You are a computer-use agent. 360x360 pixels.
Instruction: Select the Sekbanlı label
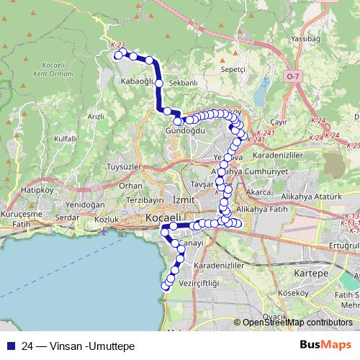(x=182, y=84)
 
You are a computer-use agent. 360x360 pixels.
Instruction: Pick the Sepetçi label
(x=234, y=68)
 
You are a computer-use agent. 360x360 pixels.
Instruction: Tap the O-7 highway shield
(x=292, y=76)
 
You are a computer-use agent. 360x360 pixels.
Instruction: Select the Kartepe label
(x=315, y=274)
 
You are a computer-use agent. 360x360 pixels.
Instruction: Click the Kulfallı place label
(x=65, y=138)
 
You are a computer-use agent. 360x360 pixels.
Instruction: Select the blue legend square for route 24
(x=9, y=346)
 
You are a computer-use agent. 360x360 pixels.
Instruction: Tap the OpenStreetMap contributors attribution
(x=297, y=323)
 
